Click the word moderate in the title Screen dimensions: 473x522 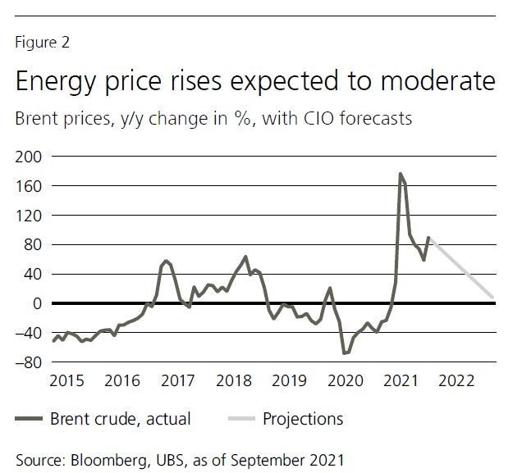(435, 82)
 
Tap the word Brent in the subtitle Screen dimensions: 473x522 (39, 119)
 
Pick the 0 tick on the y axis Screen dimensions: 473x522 (36, 303)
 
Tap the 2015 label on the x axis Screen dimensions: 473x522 (67, 381)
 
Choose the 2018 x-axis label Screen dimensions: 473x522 (235, 381)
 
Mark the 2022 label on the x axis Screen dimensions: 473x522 (457, 381)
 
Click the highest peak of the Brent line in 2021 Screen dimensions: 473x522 (400, 174)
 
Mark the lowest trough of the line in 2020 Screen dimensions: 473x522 (344, 353)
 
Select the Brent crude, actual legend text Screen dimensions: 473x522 (120, 419)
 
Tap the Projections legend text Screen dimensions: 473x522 (303, 419)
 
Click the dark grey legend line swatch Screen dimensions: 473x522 (30, 420)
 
